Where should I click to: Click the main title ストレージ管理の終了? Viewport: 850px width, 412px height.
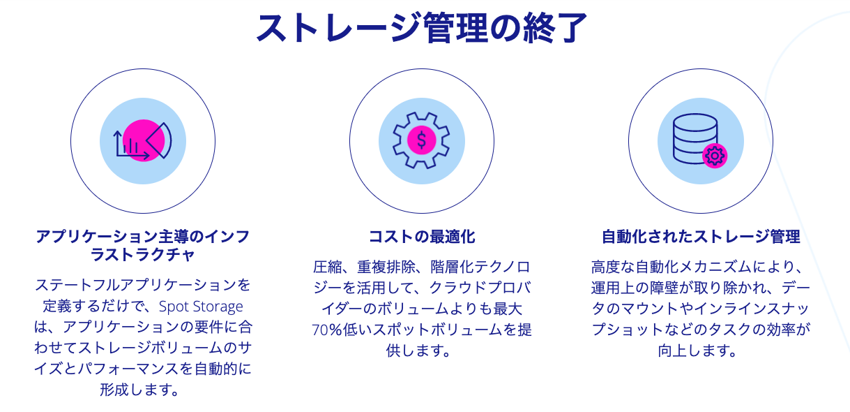[422, 28]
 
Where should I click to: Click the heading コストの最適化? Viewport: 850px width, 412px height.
[422, 237]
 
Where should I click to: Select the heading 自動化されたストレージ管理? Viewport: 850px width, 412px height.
[701, 237]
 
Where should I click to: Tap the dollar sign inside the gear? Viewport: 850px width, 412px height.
[421, 140]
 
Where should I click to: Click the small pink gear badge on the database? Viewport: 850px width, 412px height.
[715, 156]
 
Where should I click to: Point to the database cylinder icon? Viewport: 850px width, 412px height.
[695, 139]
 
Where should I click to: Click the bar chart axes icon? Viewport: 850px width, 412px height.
[131, 145]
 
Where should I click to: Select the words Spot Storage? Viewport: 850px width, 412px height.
[201, 307]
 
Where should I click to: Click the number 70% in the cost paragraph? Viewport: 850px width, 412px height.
[327, 330]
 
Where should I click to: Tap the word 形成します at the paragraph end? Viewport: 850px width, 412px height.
[139, 390]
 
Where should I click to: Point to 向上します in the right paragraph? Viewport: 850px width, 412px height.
[697, 351]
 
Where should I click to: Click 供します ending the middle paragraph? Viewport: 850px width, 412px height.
[418, 351]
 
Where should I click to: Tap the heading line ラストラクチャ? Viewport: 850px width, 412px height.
[143, 254]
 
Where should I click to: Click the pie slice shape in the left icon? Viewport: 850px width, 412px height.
[159, 140]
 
